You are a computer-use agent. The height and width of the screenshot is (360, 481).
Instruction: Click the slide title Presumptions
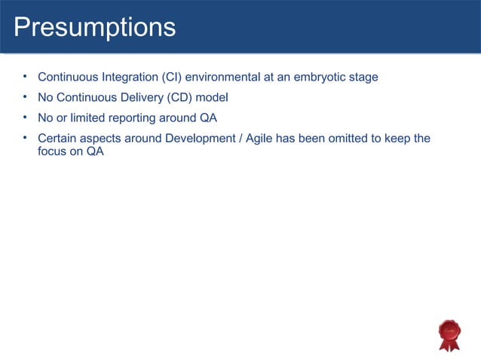(x=94, y=27)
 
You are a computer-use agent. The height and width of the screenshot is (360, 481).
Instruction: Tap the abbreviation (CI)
(x=173, y=77)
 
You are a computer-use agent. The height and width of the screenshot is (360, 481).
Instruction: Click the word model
(x=212, y=97)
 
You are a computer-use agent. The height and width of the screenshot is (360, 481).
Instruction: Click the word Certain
(x=57, y=139)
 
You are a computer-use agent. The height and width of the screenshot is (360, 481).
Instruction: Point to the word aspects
(x=103, y=139)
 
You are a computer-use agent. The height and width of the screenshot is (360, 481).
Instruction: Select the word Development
(x=198, y=139)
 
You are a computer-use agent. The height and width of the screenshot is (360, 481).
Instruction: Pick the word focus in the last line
(x=53, y=151)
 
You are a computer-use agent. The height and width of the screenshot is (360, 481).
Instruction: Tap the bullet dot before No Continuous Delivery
(x=25, y=96)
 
